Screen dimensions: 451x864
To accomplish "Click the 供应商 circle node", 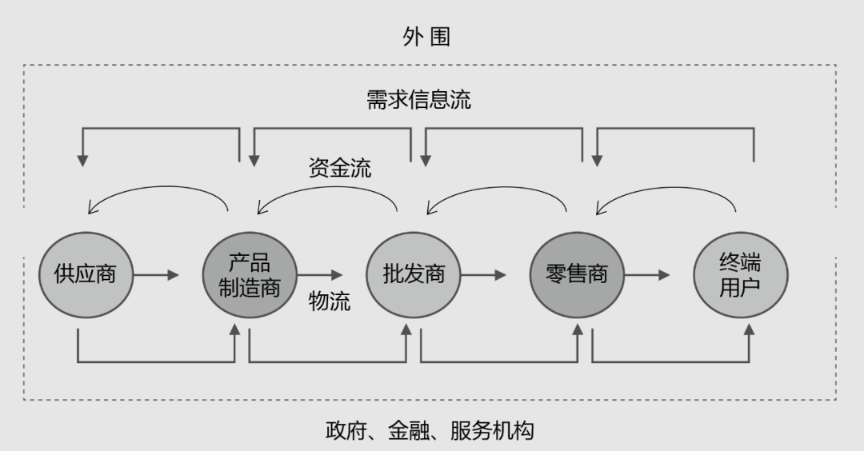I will [x=84, y=273].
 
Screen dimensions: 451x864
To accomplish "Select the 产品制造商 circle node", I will [x=250, y=274].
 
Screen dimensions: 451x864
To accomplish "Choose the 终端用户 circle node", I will [x=740, y=274].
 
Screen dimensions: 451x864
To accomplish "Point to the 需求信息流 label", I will [x=418, y=100].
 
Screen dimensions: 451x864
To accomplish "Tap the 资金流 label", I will [x=339, y=168].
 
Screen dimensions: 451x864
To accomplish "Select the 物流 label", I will [x=330, y=302].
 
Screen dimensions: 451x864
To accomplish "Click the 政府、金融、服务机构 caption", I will [x=429, y=430].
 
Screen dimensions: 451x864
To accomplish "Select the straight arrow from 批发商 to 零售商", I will [x=483, y=275].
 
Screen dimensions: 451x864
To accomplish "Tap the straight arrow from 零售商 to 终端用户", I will [x=647, y=275].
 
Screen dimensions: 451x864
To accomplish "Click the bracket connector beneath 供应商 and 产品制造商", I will [x=156, y=361].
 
